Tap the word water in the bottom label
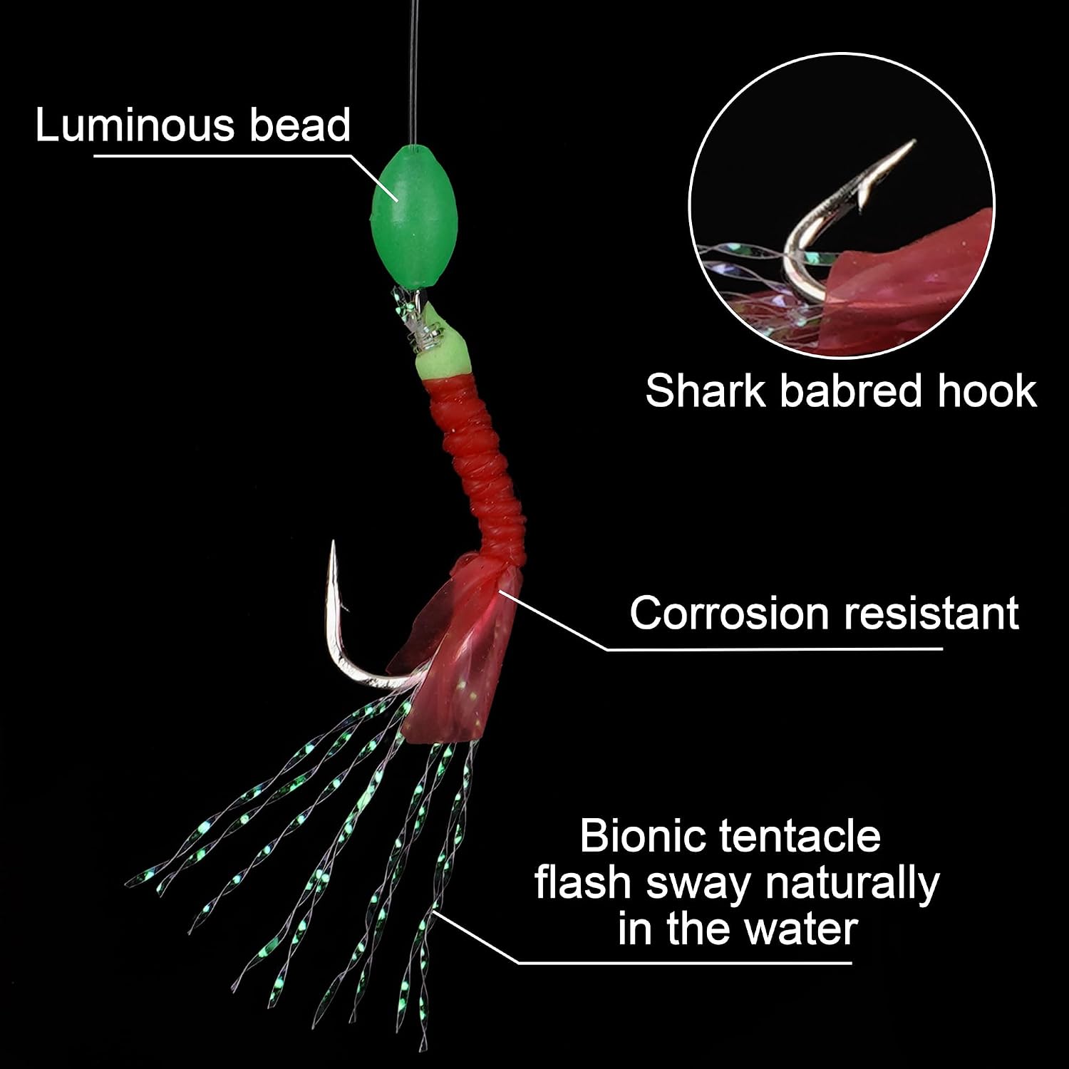click(x=801, y=929)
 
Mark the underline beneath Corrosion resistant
click(x=775, y=649)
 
